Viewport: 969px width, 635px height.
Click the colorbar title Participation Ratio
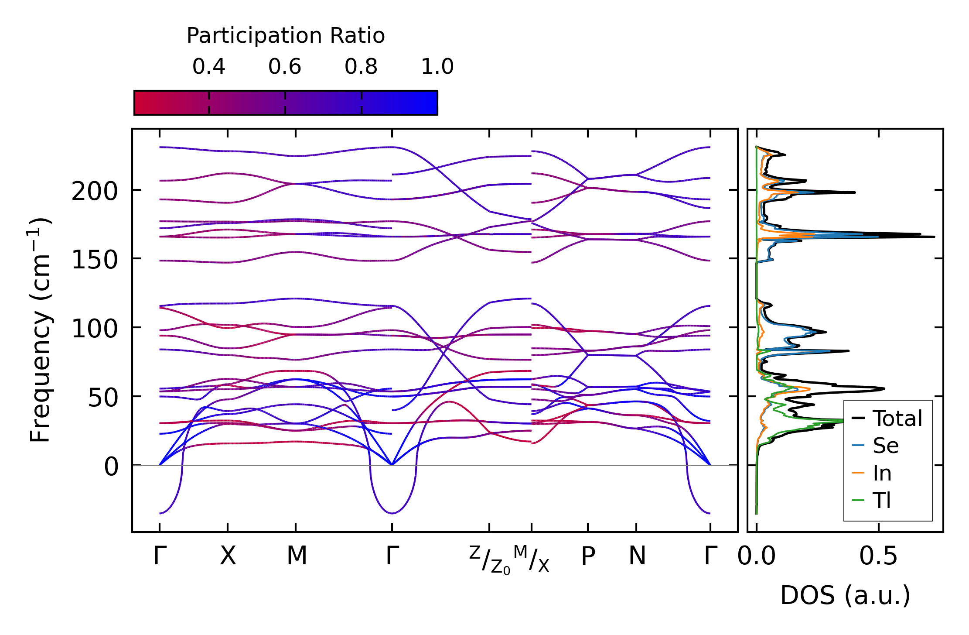tap(286, 36)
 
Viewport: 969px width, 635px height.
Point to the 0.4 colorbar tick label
tap(209, 67)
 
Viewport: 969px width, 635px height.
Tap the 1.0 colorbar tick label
tap(437, 67)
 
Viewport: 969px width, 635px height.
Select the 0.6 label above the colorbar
tap(285, 67)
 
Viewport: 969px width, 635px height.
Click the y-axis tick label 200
tap(95, 191)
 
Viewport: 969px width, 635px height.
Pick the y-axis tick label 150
tap(95, 260)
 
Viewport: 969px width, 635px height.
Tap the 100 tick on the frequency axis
tap(95, 329)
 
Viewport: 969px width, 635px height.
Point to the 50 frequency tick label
tap(103, 398)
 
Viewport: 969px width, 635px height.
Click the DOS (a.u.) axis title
tap(845, 595)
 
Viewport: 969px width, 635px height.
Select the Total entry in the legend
tap(897, 418)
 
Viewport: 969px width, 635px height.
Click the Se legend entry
tap(885, 446)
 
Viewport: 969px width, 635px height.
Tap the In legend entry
tap(882, 473)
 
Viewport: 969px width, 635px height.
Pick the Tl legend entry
tap(882, 500)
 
